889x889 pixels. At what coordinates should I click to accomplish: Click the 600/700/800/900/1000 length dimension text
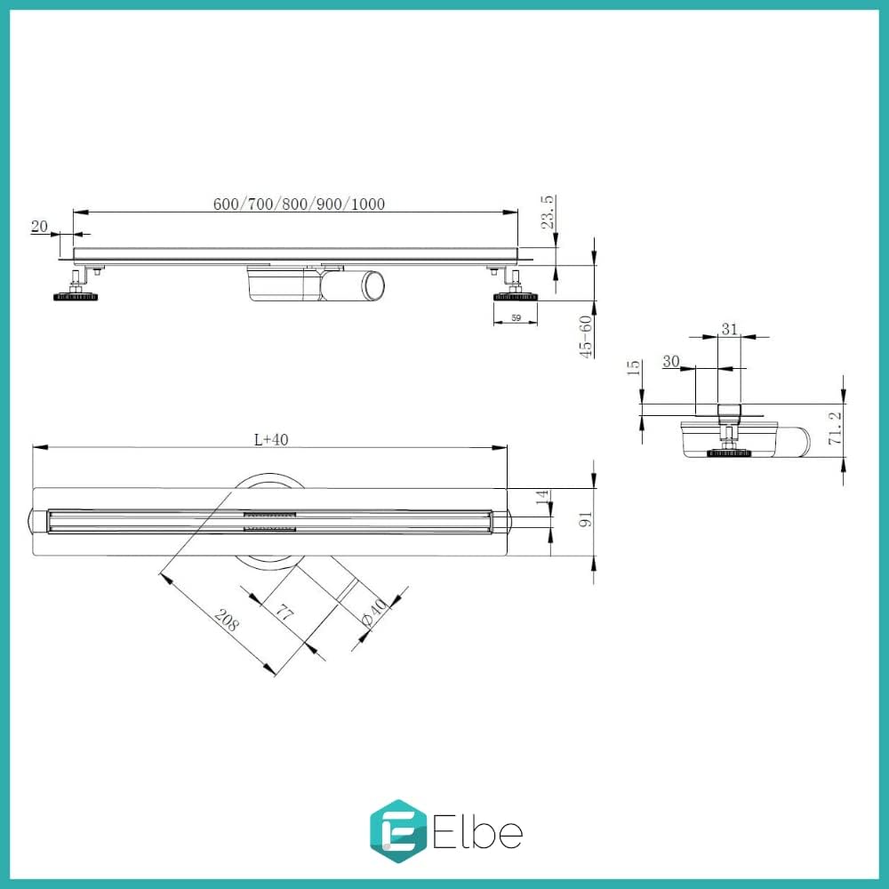299,204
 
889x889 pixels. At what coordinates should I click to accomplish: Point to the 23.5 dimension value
548,212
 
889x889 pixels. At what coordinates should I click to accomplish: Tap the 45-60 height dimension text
586,337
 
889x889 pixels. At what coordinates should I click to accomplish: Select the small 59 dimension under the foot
516,318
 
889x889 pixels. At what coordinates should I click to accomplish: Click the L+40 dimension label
271,439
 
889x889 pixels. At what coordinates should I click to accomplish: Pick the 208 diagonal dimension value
227,621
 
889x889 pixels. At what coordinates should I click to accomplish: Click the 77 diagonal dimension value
284,613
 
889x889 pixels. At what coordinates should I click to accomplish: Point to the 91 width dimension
585,518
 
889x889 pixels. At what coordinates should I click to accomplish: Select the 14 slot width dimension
542,497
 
